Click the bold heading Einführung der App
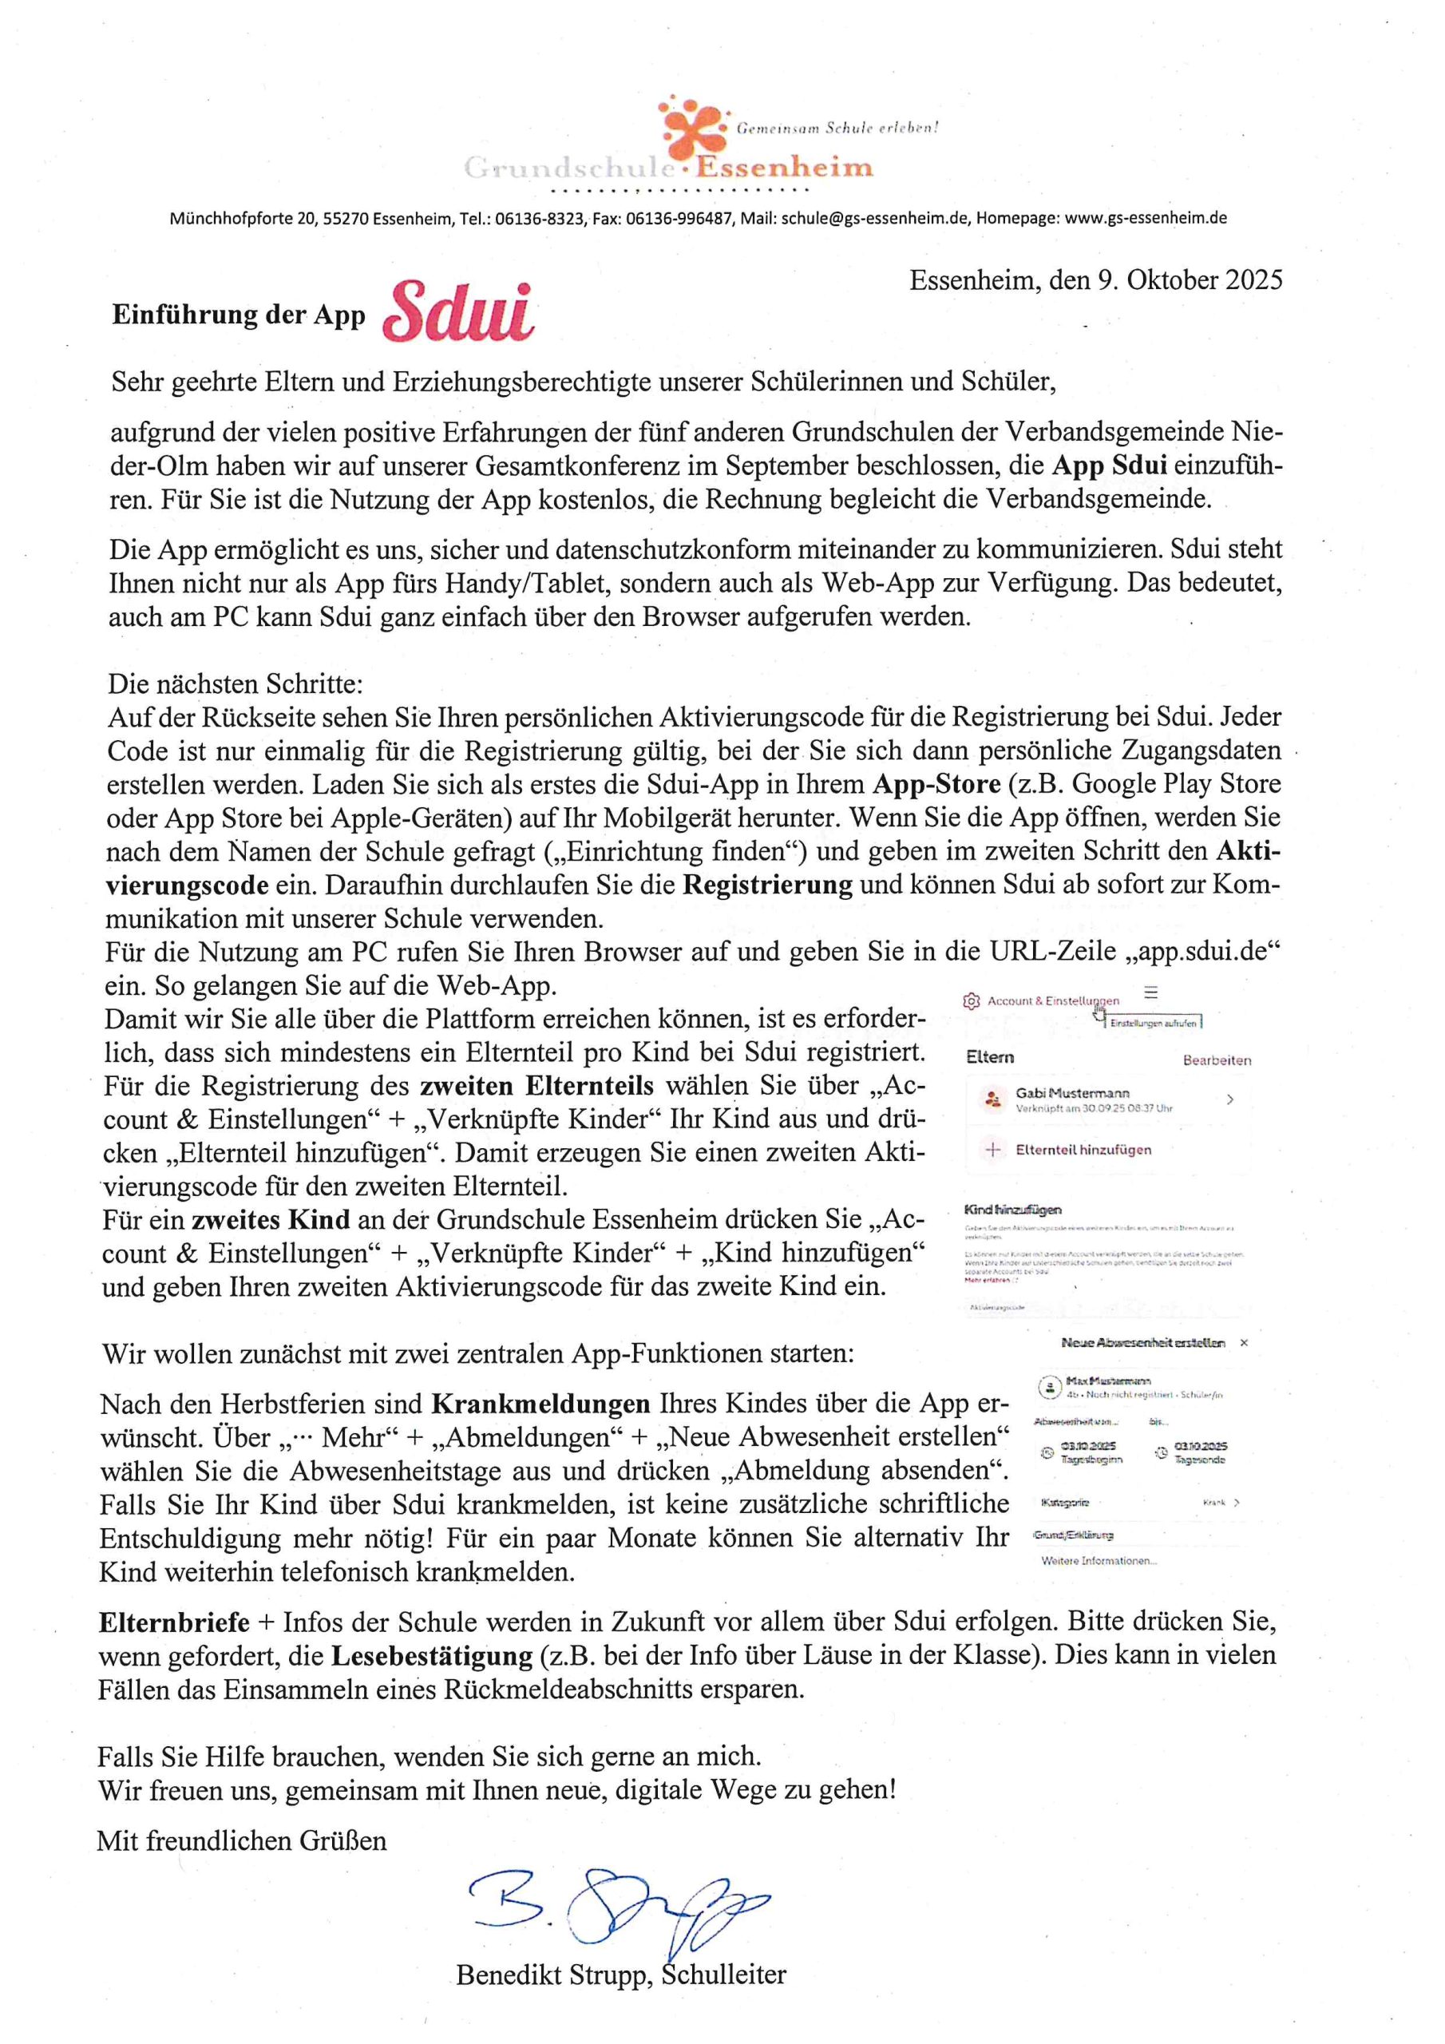pos(239,315)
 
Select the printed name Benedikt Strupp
pos(555,1975)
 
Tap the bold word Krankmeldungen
pos(540,1404)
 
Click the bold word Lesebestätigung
pos(432,1655)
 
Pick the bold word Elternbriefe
pos(173,1622)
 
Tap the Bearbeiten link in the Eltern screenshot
pos(1216,1060)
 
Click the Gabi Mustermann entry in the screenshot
pos(1072,1093)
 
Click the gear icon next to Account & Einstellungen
pos(972,1001)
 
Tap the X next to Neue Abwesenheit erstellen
pos(1244,1342)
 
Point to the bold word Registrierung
pos(766,885)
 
